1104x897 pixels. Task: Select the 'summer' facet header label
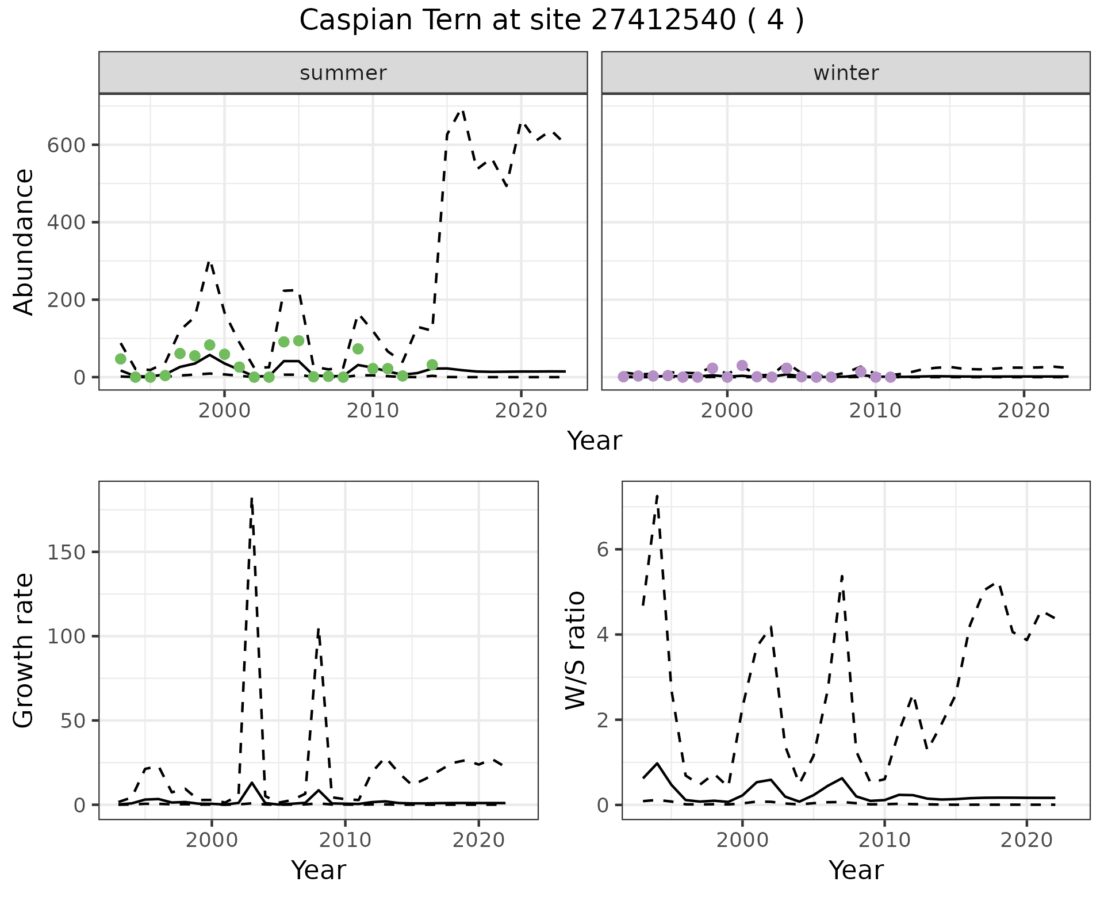pyautogui.click(x=343, y=73)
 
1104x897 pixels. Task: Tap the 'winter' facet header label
pyautogui.click(x=846, y=73)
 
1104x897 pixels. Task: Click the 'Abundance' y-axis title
pyautogui.click(x=24, y=242)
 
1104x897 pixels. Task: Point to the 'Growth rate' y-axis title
pyautogui.click(x=24, y=650)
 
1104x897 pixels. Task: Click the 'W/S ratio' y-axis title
pyautogui.click(x=576, y=650)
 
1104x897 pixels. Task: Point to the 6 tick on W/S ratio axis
pyautogui.click(x=602, y=550)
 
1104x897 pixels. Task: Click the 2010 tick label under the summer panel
pyautogui.click(x=373, y=411)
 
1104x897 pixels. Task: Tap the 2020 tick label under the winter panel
pyautogui.click(x=1023, y=411)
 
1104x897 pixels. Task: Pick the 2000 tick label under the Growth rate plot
pyautogui.click(x=212, y=840)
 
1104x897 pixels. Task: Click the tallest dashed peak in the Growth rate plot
pyautogui.click(x=252, y=499)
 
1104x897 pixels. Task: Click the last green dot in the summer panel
pyautogui.click(x=432, y=365)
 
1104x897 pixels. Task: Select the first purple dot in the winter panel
pyautogui.click(x=623, y=377)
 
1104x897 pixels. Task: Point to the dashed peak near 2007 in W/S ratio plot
pyautogui.click(x=842, y=576)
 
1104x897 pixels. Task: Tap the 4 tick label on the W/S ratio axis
pyautogui.click(x=602, y=635)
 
